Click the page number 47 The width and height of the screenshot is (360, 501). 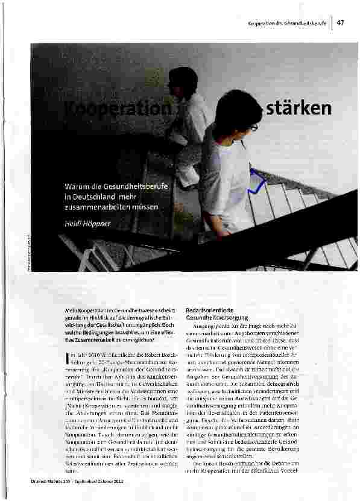pyautogui.click(x=341, y=22)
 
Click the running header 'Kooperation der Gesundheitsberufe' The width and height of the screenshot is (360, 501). pyautogui.click(x=287, y=23)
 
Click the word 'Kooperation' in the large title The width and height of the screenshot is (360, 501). pyautogui.click(x=125, y=109)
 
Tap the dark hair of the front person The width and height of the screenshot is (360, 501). pyautogui.click(x=235, y=113)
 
